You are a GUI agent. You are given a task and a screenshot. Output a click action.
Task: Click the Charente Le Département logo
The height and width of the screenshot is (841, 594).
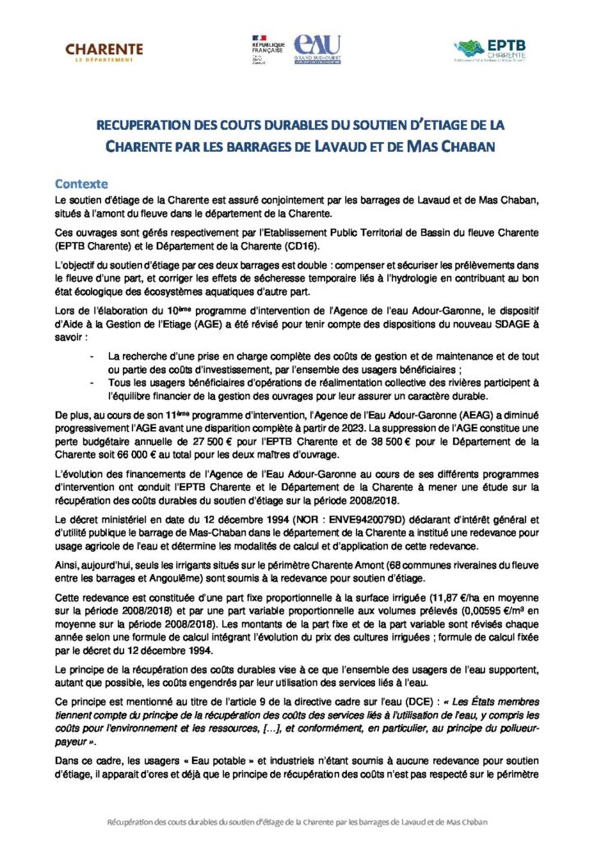coord(104,53)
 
